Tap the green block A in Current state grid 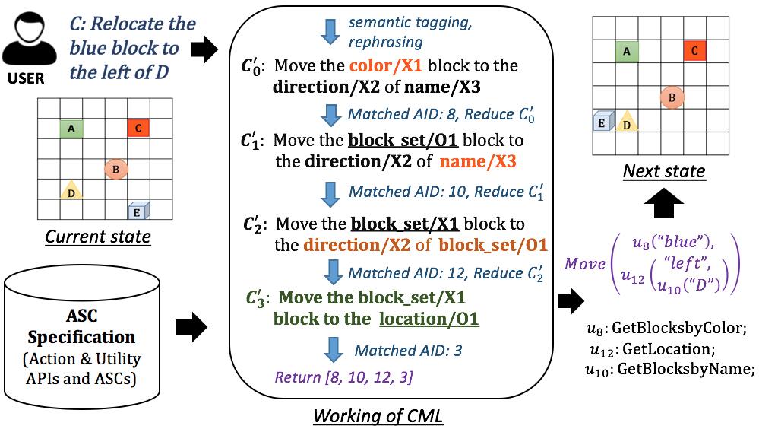click(x=71, y=129)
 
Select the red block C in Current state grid click(x=138, y=128)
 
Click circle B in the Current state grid click(x=115, y=170)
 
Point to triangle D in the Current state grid click(x=71, y=190)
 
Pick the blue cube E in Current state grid click(x=138, y=211)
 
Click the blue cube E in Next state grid click(x=603, y=122)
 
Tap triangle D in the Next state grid click(x=626, y=121)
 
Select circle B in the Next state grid click(x=672, y=97)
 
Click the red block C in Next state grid click(x=694, y=50)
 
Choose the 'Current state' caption click(x=98, y=237)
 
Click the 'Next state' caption click(x=664, y=171)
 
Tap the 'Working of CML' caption click(x=378, y=416)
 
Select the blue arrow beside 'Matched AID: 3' click(x=333, y=350)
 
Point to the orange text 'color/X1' click(x=386, y=65)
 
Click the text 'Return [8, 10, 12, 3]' click(x=343, y=377)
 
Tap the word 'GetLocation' click(x=669, y=349)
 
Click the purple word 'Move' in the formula click(x=585, y=263)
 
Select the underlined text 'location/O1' click(x=429, y=319)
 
